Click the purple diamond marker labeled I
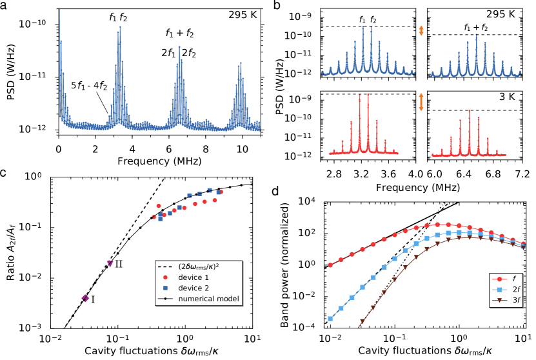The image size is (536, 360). coord(85,298)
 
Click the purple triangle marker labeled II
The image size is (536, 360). coord(110,263)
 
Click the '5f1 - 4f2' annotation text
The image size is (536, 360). coord(89,86)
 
